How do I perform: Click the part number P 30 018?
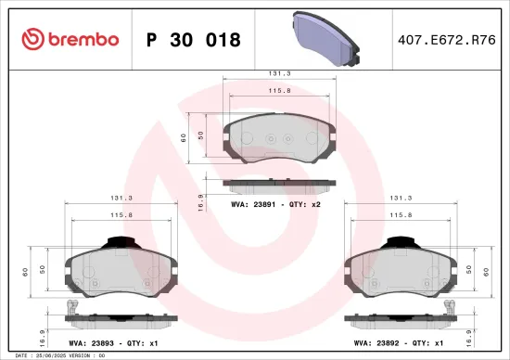194,40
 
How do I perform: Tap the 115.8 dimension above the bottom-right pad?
401,215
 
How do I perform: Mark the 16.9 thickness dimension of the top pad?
200,202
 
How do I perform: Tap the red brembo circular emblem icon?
32,39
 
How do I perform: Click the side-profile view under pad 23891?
279,184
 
